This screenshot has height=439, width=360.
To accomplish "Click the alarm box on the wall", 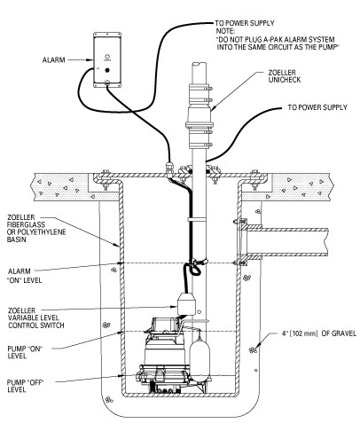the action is [107, 59].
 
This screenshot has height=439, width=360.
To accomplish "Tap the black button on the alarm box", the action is [107, 70].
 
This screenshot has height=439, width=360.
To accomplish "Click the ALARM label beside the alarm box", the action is [53, 60].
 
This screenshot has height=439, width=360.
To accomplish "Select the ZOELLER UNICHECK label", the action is [285, 76].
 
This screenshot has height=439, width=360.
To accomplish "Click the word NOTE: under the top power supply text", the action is [225, 31].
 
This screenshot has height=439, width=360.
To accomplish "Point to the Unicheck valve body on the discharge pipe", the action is [200, 115].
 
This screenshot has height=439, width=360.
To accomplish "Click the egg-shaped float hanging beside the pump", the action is [200, 355].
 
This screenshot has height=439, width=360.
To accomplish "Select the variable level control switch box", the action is [186, 303].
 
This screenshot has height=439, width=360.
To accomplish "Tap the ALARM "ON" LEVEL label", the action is [25, 276].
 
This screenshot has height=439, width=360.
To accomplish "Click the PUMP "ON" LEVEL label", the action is [25, 352].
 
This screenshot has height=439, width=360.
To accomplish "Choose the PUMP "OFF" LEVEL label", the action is [25, 386].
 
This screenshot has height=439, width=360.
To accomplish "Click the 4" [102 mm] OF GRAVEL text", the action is [319, 333].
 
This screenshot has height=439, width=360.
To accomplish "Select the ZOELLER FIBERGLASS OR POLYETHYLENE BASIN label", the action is [36, 228].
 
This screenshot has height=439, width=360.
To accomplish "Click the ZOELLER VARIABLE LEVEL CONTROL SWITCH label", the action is [36, 317].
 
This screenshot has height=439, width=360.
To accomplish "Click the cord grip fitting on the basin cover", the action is [169, 169].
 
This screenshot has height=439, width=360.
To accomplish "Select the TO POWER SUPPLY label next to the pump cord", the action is [317, 107].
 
